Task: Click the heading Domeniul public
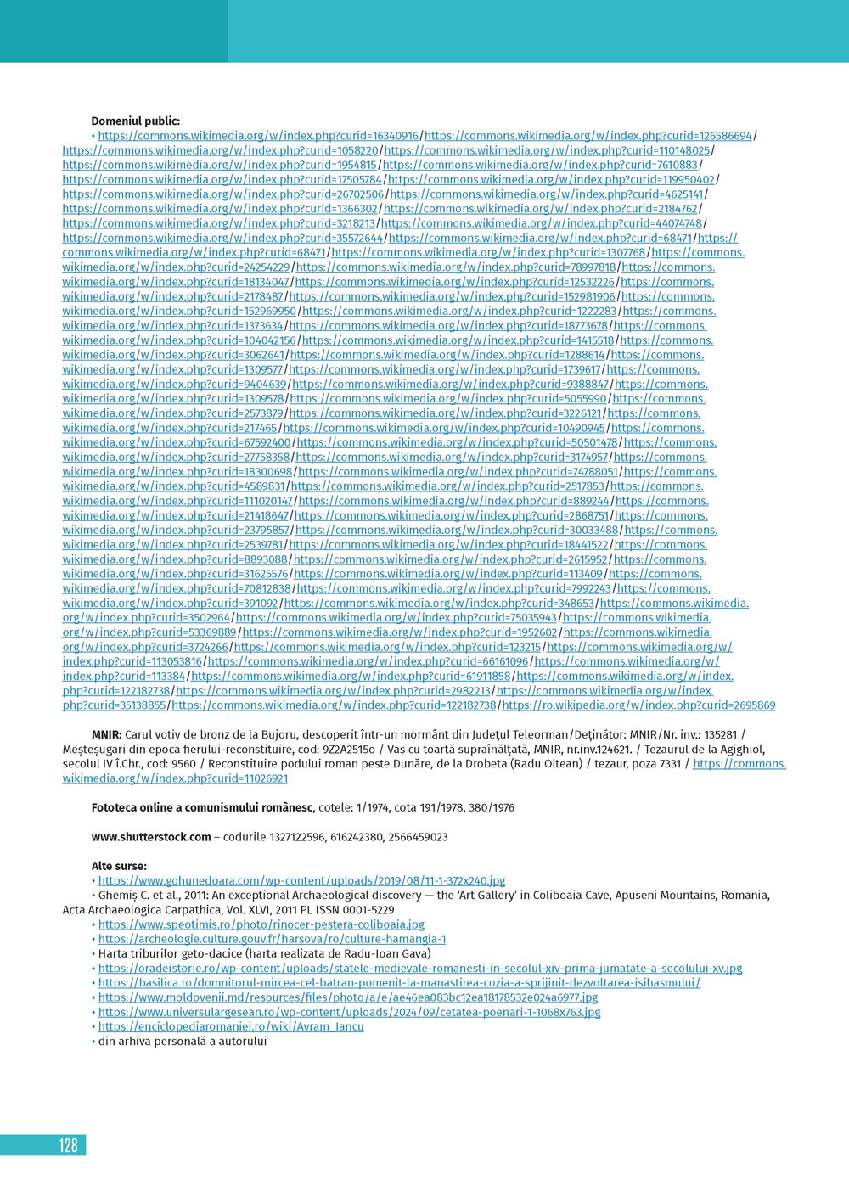click(x=136, y=121)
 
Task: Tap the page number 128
click(x=68, y=1146)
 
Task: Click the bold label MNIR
click(x=107, y=734)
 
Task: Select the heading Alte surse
click(x=119, y=866)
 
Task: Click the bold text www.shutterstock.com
click(x=151, y=837)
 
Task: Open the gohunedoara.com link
click(x=301, y=881)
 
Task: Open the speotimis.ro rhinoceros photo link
click(x=261, y=924)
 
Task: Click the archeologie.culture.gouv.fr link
click(x=272, y=939)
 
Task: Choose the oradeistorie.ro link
click(x=420, y=969)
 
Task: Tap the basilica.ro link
click(x=399, y=983)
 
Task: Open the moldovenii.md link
click(x=348, y=997)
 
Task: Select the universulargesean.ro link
click(x=349, y=1012)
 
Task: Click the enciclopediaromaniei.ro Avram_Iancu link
click(x=231, y=1026)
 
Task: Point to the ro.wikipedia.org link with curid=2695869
click(x=638, y=705)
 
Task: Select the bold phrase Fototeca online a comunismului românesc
click(x=203, y=807)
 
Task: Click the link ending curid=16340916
click(x=258, y=136)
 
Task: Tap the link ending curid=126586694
click(x=588, y=136)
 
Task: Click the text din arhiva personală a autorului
click(x=183, y=1041)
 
